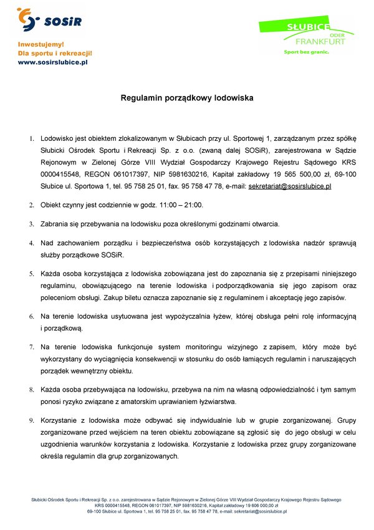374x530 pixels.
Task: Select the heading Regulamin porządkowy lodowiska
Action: click(187, 98)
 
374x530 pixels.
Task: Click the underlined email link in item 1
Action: click(289, 186)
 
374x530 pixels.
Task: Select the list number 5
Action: click(32, 274)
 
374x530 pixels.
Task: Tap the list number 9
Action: click(32, 420)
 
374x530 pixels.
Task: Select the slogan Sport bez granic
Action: click(306, 52)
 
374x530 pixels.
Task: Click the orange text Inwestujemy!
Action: click(41, 45)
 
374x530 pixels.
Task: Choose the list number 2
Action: click(32, 205)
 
